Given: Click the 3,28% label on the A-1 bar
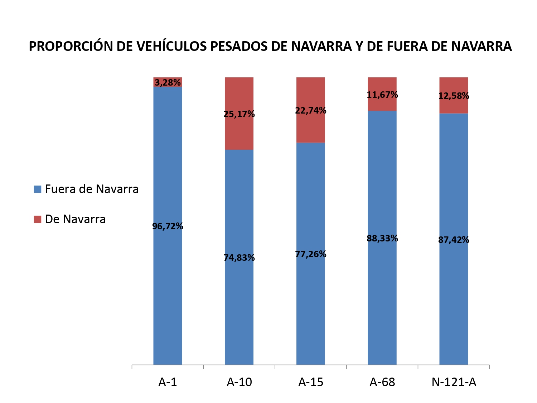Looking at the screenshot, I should coord(168,83).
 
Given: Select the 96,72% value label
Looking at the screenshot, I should coord(168,226).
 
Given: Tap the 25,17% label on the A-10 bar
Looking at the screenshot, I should coord(239,114).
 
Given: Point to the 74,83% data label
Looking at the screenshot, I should coord(239,258).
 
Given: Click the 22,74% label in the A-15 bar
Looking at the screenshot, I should coord(311,111).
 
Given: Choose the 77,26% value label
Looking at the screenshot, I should coord(311,254).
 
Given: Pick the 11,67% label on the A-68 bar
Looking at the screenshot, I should coord(382,95).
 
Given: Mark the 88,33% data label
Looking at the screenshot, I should coord(382,239).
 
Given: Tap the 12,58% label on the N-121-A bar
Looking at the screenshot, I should coord(454,96).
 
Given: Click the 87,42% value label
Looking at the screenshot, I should coord(454,240).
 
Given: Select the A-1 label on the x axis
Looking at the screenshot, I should coord(168,382).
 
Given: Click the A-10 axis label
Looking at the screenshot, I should coord(239,382).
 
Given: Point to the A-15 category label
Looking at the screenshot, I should coord(311,382).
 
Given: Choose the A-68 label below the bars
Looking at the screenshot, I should coord(382,382).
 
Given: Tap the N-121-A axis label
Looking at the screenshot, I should coord(454,382).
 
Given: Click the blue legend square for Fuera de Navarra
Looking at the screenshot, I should coord(38,189).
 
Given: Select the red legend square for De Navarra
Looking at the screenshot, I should coord(38,219).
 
